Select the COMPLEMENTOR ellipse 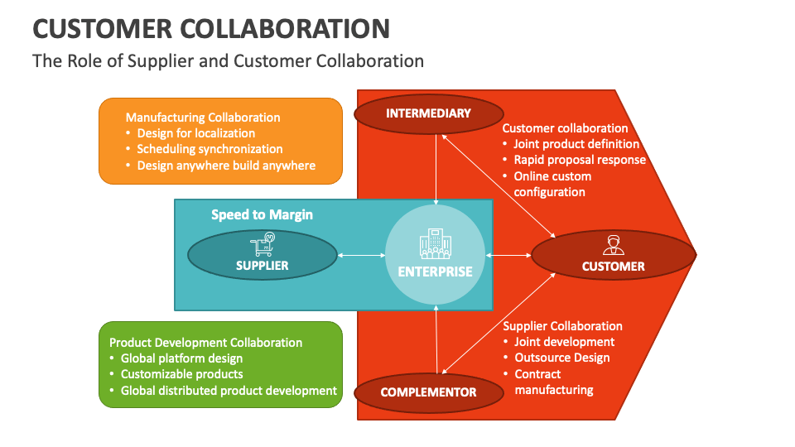[x=428, y=392]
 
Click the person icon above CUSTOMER [x=613, y=245]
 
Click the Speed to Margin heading [x=262, y=214]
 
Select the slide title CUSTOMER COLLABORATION [x=211, y=29]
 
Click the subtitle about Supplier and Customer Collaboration [x=228, y=60]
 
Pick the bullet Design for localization [x=195, y=133]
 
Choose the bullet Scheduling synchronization [x=210, y=149]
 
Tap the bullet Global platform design [x=181, y=358]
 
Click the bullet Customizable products [x=181, y=374]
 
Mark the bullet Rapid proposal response [x=579, y=160]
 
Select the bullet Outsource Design [x=561, y=358]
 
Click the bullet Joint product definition [x=576, y=144]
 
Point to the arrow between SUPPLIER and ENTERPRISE [x=362, y=255]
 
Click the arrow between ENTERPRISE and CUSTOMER [x=509, y=255]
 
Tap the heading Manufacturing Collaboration [x=203, y=118]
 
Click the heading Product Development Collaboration [x=205, y=343]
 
